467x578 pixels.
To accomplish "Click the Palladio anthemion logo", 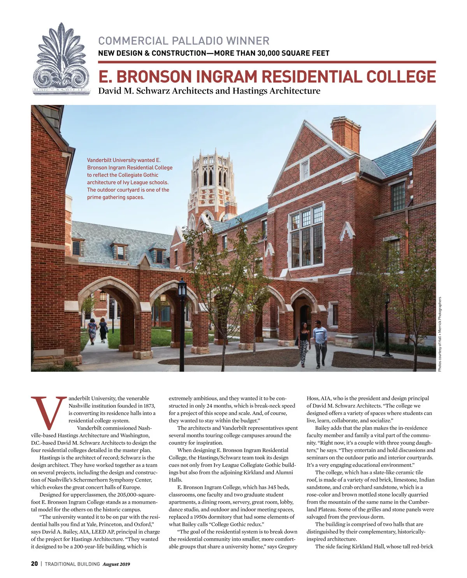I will (x=61, y=59).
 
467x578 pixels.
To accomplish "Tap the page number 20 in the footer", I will (x=34, y=564).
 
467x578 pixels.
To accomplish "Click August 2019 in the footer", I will (x=116, y=564).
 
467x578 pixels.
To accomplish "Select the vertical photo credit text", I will (x=440, y=334).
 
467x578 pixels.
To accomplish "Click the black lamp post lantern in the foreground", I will (x=182, y=288).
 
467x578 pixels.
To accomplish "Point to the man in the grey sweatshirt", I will (x=320, y=342).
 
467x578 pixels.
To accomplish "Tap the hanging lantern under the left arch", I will (x=103, y=296).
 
